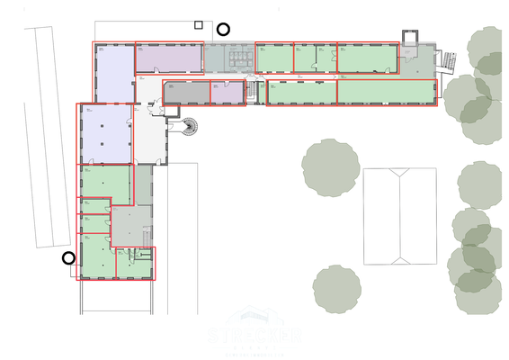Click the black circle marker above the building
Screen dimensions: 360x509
tap(223, 29)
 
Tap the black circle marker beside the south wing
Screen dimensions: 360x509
tap(68, 258)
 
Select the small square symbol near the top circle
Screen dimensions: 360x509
tap(198, 25)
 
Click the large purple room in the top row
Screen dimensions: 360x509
tap(168, 58)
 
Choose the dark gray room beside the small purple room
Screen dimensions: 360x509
tap(186, 92)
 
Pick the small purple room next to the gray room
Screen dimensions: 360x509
tap(227, 92)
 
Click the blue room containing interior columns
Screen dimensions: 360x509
tap(106, 134)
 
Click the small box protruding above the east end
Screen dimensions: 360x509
tap(410, 36)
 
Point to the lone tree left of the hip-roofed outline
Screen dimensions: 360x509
tap(330, 167)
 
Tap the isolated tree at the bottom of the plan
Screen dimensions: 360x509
tap(336, 289)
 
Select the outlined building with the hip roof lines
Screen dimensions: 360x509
tap(399, 216)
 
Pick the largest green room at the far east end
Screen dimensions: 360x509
tap(386, 92)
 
